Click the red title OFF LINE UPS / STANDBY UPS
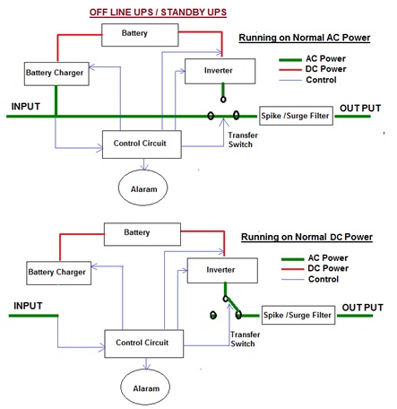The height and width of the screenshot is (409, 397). [x=158, y=13]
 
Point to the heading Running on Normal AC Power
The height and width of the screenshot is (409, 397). [x=305, y=38]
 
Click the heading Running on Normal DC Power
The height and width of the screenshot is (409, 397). [x=306, y=237]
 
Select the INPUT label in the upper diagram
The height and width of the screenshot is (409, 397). [x=26, y=107]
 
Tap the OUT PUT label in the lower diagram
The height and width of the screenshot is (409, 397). [x=363, y=308]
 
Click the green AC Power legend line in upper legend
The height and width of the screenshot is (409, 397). [x=290, y=60]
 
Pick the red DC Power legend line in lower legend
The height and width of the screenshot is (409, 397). [x=293, y=269]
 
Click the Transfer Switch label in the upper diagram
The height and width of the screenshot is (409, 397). [x=243, y=140]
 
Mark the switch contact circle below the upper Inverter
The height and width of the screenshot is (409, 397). [x=223, y=100]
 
